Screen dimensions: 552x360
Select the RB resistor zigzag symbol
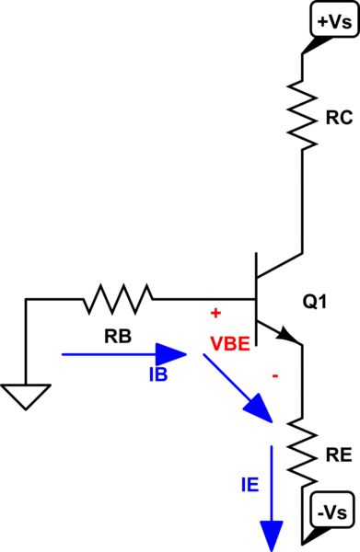119,299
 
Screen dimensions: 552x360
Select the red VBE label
231,347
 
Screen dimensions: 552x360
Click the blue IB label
157,375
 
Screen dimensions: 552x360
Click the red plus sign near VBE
215,314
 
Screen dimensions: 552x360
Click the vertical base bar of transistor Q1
256,300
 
